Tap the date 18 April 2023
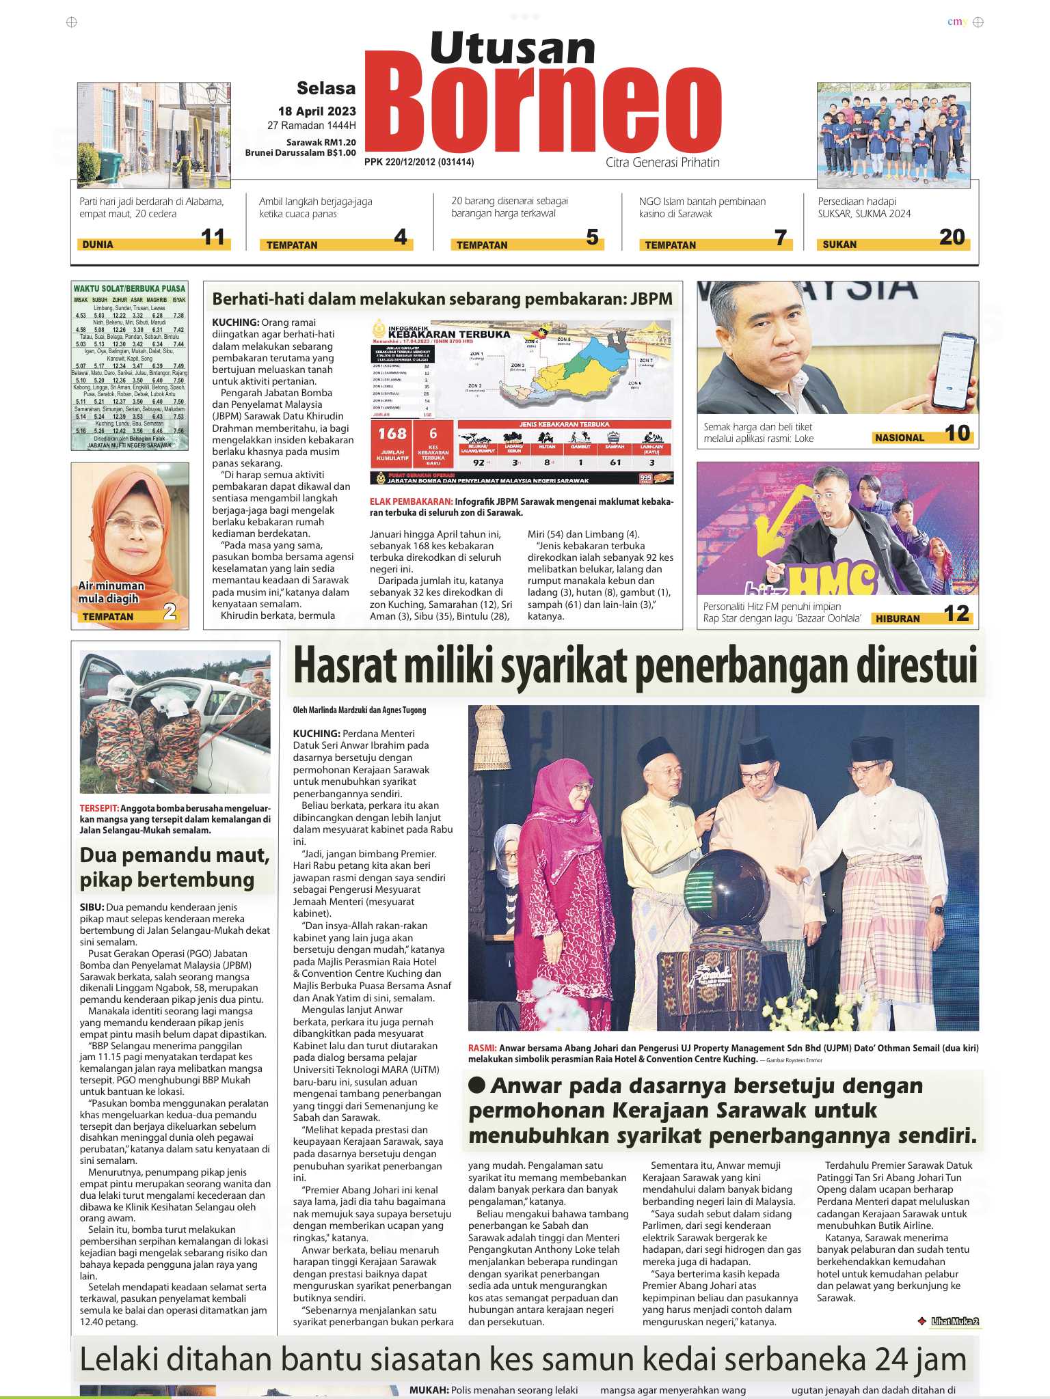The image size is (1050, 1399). coord(317,111)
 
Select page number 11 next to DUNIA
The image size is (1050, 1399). coord(213,238)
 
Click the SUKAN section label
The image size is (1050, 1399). coord(839,245)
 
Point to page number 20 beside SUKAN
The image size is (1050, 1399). coord(952,237)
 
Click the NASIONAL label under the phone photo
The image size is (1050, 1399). coord(899,438)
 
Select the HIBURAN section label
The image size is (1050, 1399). coord(898,618)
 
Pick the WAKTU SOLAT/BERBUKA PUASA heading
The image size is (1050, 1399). coord(130,289)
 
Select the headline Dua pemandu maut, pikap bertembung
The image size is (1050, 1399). coord(174,868)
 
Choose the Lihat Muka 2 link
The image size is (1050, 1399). coord(954,1321)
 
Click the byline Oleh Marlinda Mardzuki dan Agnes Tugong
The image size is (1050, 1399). coord(360,710)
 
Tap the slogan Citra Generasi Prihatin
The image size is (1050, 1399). coord(662,163)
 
